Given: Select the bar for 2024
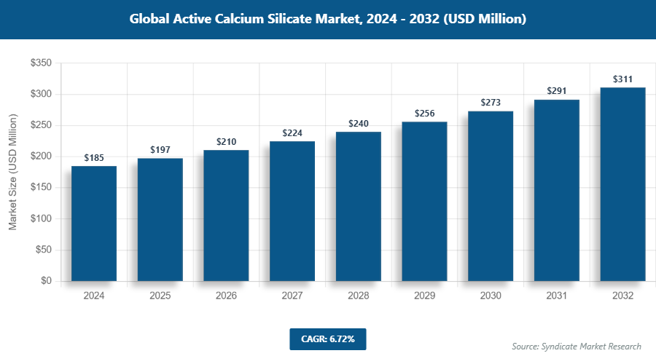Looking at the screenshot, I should [x=94, y=223].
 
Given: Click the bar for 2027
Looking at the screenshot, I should [x=292, y=211].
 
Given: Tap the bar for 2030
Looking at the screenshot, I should [x=491, y=196].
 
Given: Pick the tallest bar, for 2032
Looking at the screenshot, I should [x=622, y=184].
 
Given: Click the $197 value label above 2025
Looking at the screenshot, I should [x=160, y=150].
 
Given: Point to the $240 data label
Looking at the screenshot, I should [x=359, y=124].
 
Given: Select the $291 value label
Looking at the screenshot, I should [x=557, y=92].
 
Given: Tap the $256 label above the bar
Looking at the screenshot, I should [x=425, y=114].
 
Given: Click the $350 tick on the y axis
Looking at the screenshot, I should [x=41, y=63].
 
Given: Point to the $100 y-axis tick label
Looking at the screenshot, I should [x=41, y=218].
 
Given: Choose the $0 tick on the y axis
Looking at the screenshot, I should [x=45, y=281].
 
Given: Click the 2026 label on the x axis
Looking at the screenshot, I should [x=226, y=296].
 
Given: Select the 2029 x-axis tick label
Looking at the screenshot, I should [x=425, y=296].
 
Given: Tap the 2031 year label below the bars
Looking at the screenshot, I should [x=557, y=296].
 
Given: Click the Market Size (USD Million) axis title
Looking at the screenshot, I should [x=12, y=173].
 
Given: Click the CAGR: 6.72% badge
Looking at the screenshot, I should [x=327, y=339].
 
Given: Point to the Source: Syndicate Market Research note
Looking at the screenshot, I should [x=576, y=346].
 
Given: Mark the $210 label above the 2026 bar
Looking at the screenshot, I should [x=226, y=141].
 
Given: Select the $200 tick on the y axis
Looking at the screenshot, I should [x=41, y=157].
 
